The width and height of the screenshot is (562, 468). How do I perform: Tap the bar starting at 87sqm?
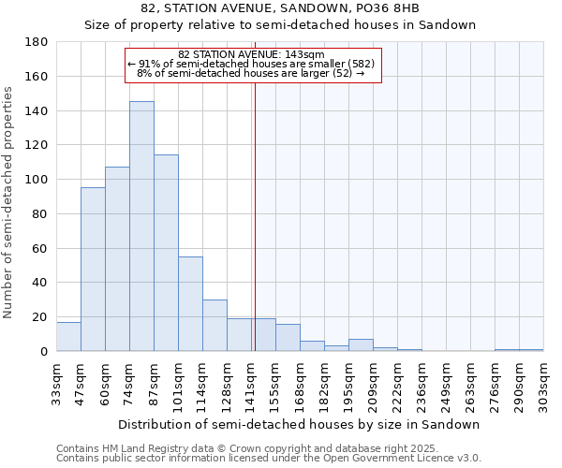[166, 253]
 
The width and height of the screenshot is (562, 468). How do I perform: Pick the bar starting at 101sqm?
[190, 303]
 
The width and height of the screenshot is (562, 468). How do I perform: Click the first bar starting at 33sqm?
[68, 336]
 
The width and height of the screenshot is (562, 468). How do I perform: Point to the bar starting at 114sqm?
[214, 325]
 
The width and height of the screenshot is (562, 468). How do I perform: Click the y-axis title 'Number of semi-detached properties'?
[9, 201]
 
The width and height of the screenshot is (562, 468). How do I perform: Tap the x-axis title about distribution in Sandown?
[299, 424]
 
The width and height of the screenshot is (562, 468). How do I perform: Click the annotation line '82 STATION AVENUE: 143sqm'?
[251, 54]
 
